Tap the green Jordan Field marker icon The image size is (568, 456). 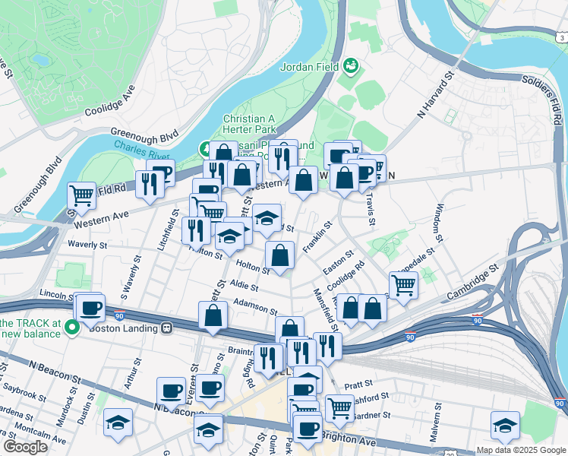point(350,66)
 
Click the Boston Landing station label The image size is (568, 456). point(125,328)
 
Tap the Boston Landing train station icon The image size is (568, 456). point(167,328)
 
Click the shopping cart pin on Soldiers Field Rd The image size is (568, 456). point(82,196)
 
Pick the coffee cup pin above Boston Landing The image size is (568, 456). point(90,308)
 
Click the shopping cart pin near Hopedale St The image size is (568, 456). point(404,286)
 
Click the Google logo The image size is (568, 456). point(25,446)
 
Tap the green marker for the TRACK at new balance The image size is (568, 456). point(72,328)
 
